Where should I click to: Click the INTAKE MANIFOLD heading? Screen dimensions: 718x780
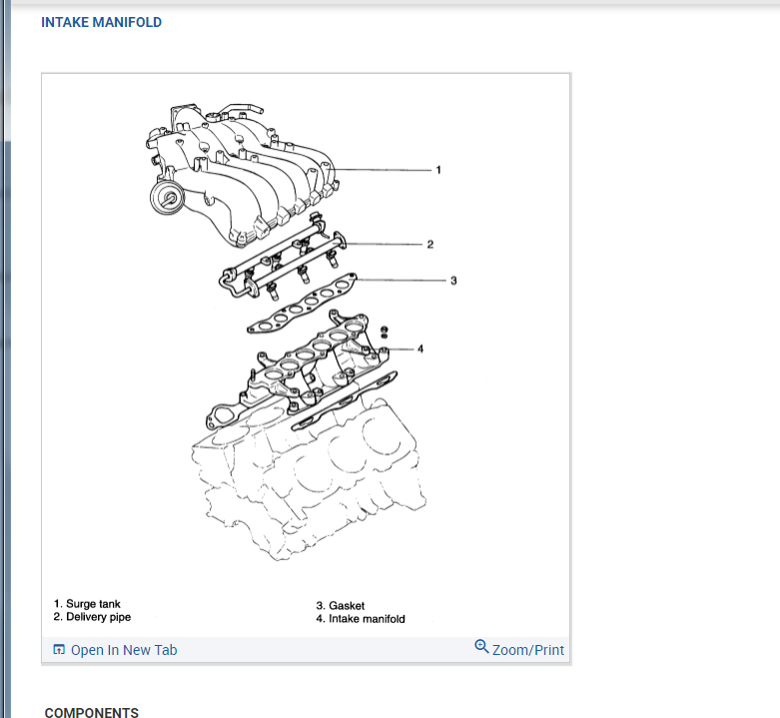point(101,22)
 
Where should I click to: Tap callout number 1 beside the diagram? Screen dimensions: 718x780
point(437,170)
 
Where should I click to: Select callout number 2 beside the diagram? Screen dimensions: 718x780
point(429,244)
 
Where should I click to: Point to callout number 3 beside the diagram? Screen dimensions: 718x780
point(453,281)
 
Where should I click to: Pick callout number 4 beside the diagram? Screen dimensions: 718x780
point(420,349)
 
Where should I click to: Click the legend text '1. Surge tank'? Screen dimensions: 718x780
point(87,605)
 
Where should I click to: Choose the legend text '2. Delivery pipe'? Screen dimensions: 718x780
point(92,618)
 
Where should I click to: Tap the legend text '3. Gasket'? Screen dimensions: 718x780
point(340,606)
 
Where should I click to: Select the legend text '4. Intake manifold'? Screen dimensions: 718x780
point(361,619)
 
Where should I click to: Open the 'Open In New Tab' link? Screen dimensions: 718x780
point(124,650)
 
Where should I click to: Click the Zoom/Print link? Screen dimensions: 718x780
point(527,650)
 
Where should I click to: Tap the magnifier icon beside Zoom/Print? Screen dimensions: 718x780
point(482,647)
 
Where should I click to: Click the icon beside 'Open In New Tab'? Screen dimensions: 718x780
point(59,650)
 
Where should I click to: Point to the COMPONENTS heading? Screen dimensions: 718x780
point(92,712)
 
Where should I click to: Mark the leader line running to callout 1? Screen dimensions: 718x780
point(380,170)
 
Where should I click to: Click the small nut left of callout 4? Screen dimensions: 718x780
point(386,331)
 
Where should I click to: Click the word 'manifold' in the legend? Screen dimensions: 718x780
point(384,619)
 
